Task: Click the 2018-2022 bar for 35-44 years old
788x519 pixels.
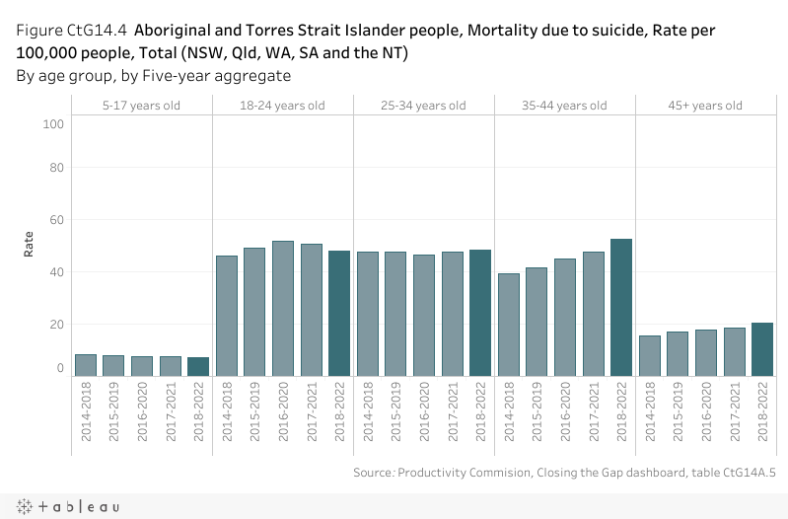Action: pos(621,307)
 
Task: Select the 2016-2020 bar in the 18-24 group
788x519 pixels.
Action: pos(283,308)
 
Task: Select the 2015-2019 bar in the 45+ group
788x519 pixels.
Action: pos(678,353)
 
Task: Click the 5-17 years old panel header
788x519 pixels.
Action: pos(142,106)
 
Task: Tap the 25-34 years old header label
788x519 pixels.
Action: pos(424,106)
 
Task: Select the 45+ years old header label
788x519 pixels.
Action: pos(705,106)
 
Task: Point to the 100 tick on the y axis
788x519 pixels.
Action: pos(53,123)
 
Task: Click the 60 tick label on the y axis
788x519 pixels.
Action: pos(55,220)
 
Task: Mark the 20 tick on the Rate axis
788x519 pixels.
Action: pos(55,324)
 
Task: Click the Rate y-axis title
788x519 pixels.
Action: pos(30,243)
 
